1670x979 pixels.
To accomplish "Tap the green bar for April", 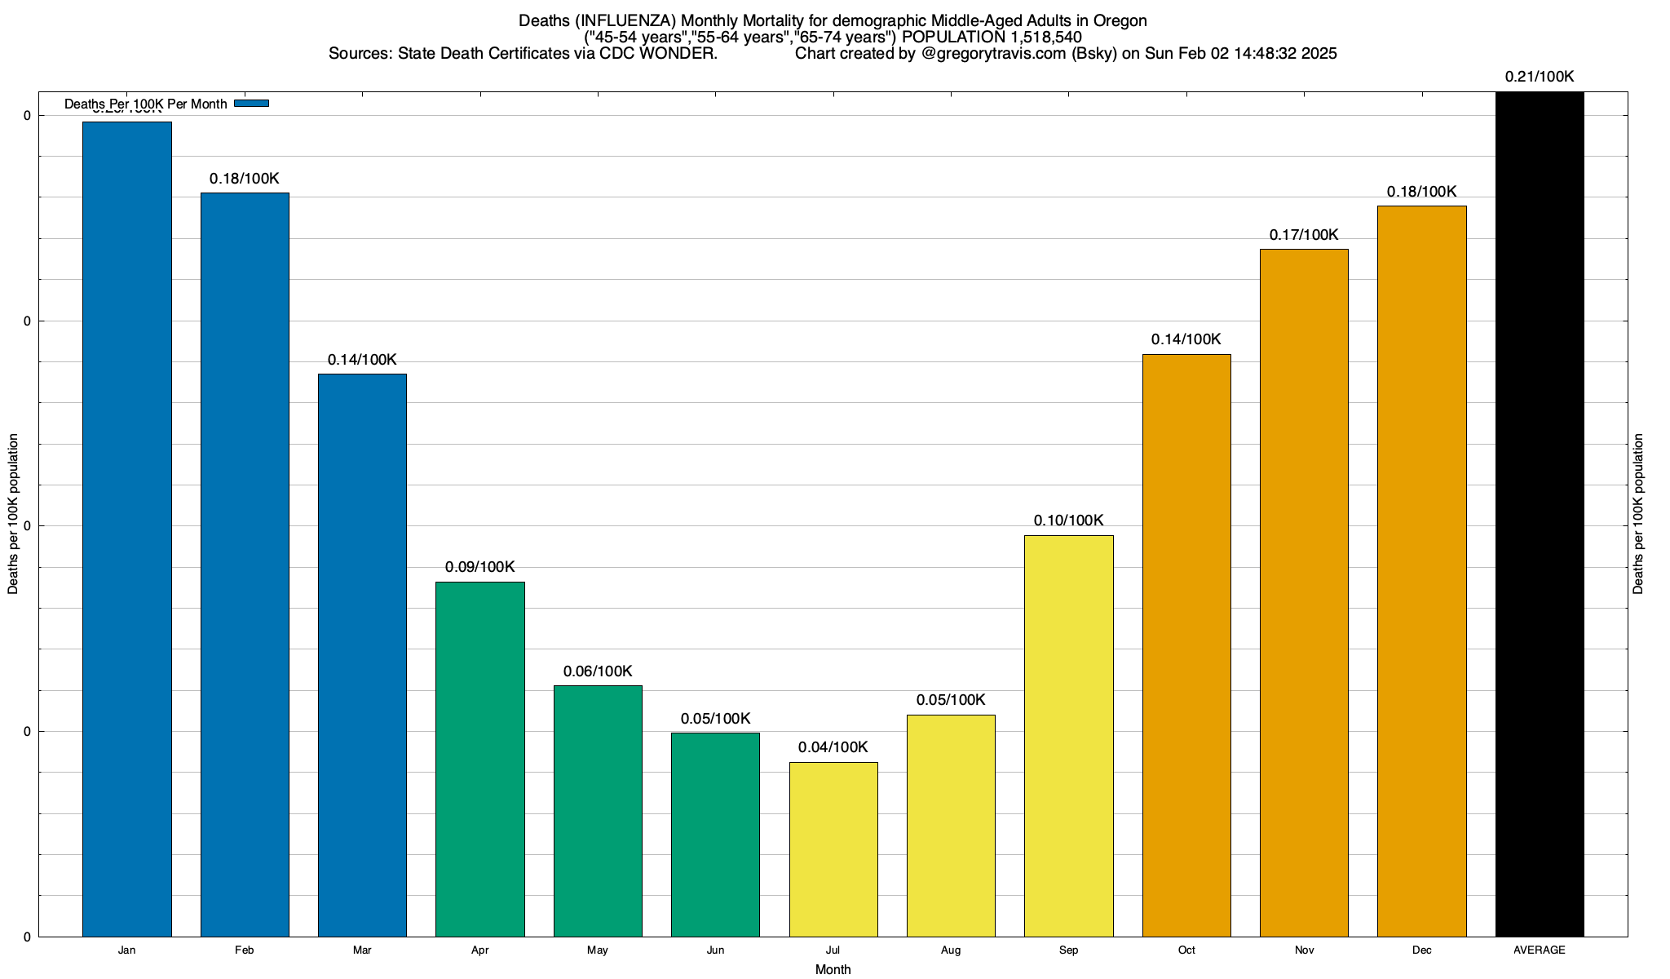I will pos(480,759).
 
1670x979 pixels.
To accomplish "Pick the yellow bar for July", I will pos(833,848).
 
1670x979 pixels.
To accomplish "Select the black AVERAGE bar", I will pos(1540,514).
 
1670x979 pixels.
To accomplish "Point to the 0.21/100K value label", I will pos(1540,78).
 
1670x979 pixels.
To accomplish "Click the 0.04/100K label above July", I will pos(833,747).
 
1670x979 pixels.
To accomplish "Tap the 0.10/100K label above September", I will pos(1068,521).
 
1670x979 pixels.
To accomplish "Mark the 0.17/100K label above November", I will pos(1304,235).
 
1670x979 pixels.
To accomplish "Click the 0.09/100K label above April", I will pos(480,567).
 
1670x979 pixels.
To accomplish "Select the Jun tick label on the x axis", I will pos(715,950).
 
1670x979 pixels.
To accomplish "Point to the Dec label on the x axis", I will pos(1421,950).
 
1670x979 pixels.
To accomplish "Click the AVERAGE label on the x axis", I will pos(1540,950).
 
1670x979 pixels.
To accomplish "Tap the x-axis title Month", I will pos(833,969).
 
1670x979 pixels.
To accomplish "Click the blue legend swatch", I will pos(251,104).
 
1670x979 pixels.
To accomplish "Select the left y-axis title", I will pos(13,514).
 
